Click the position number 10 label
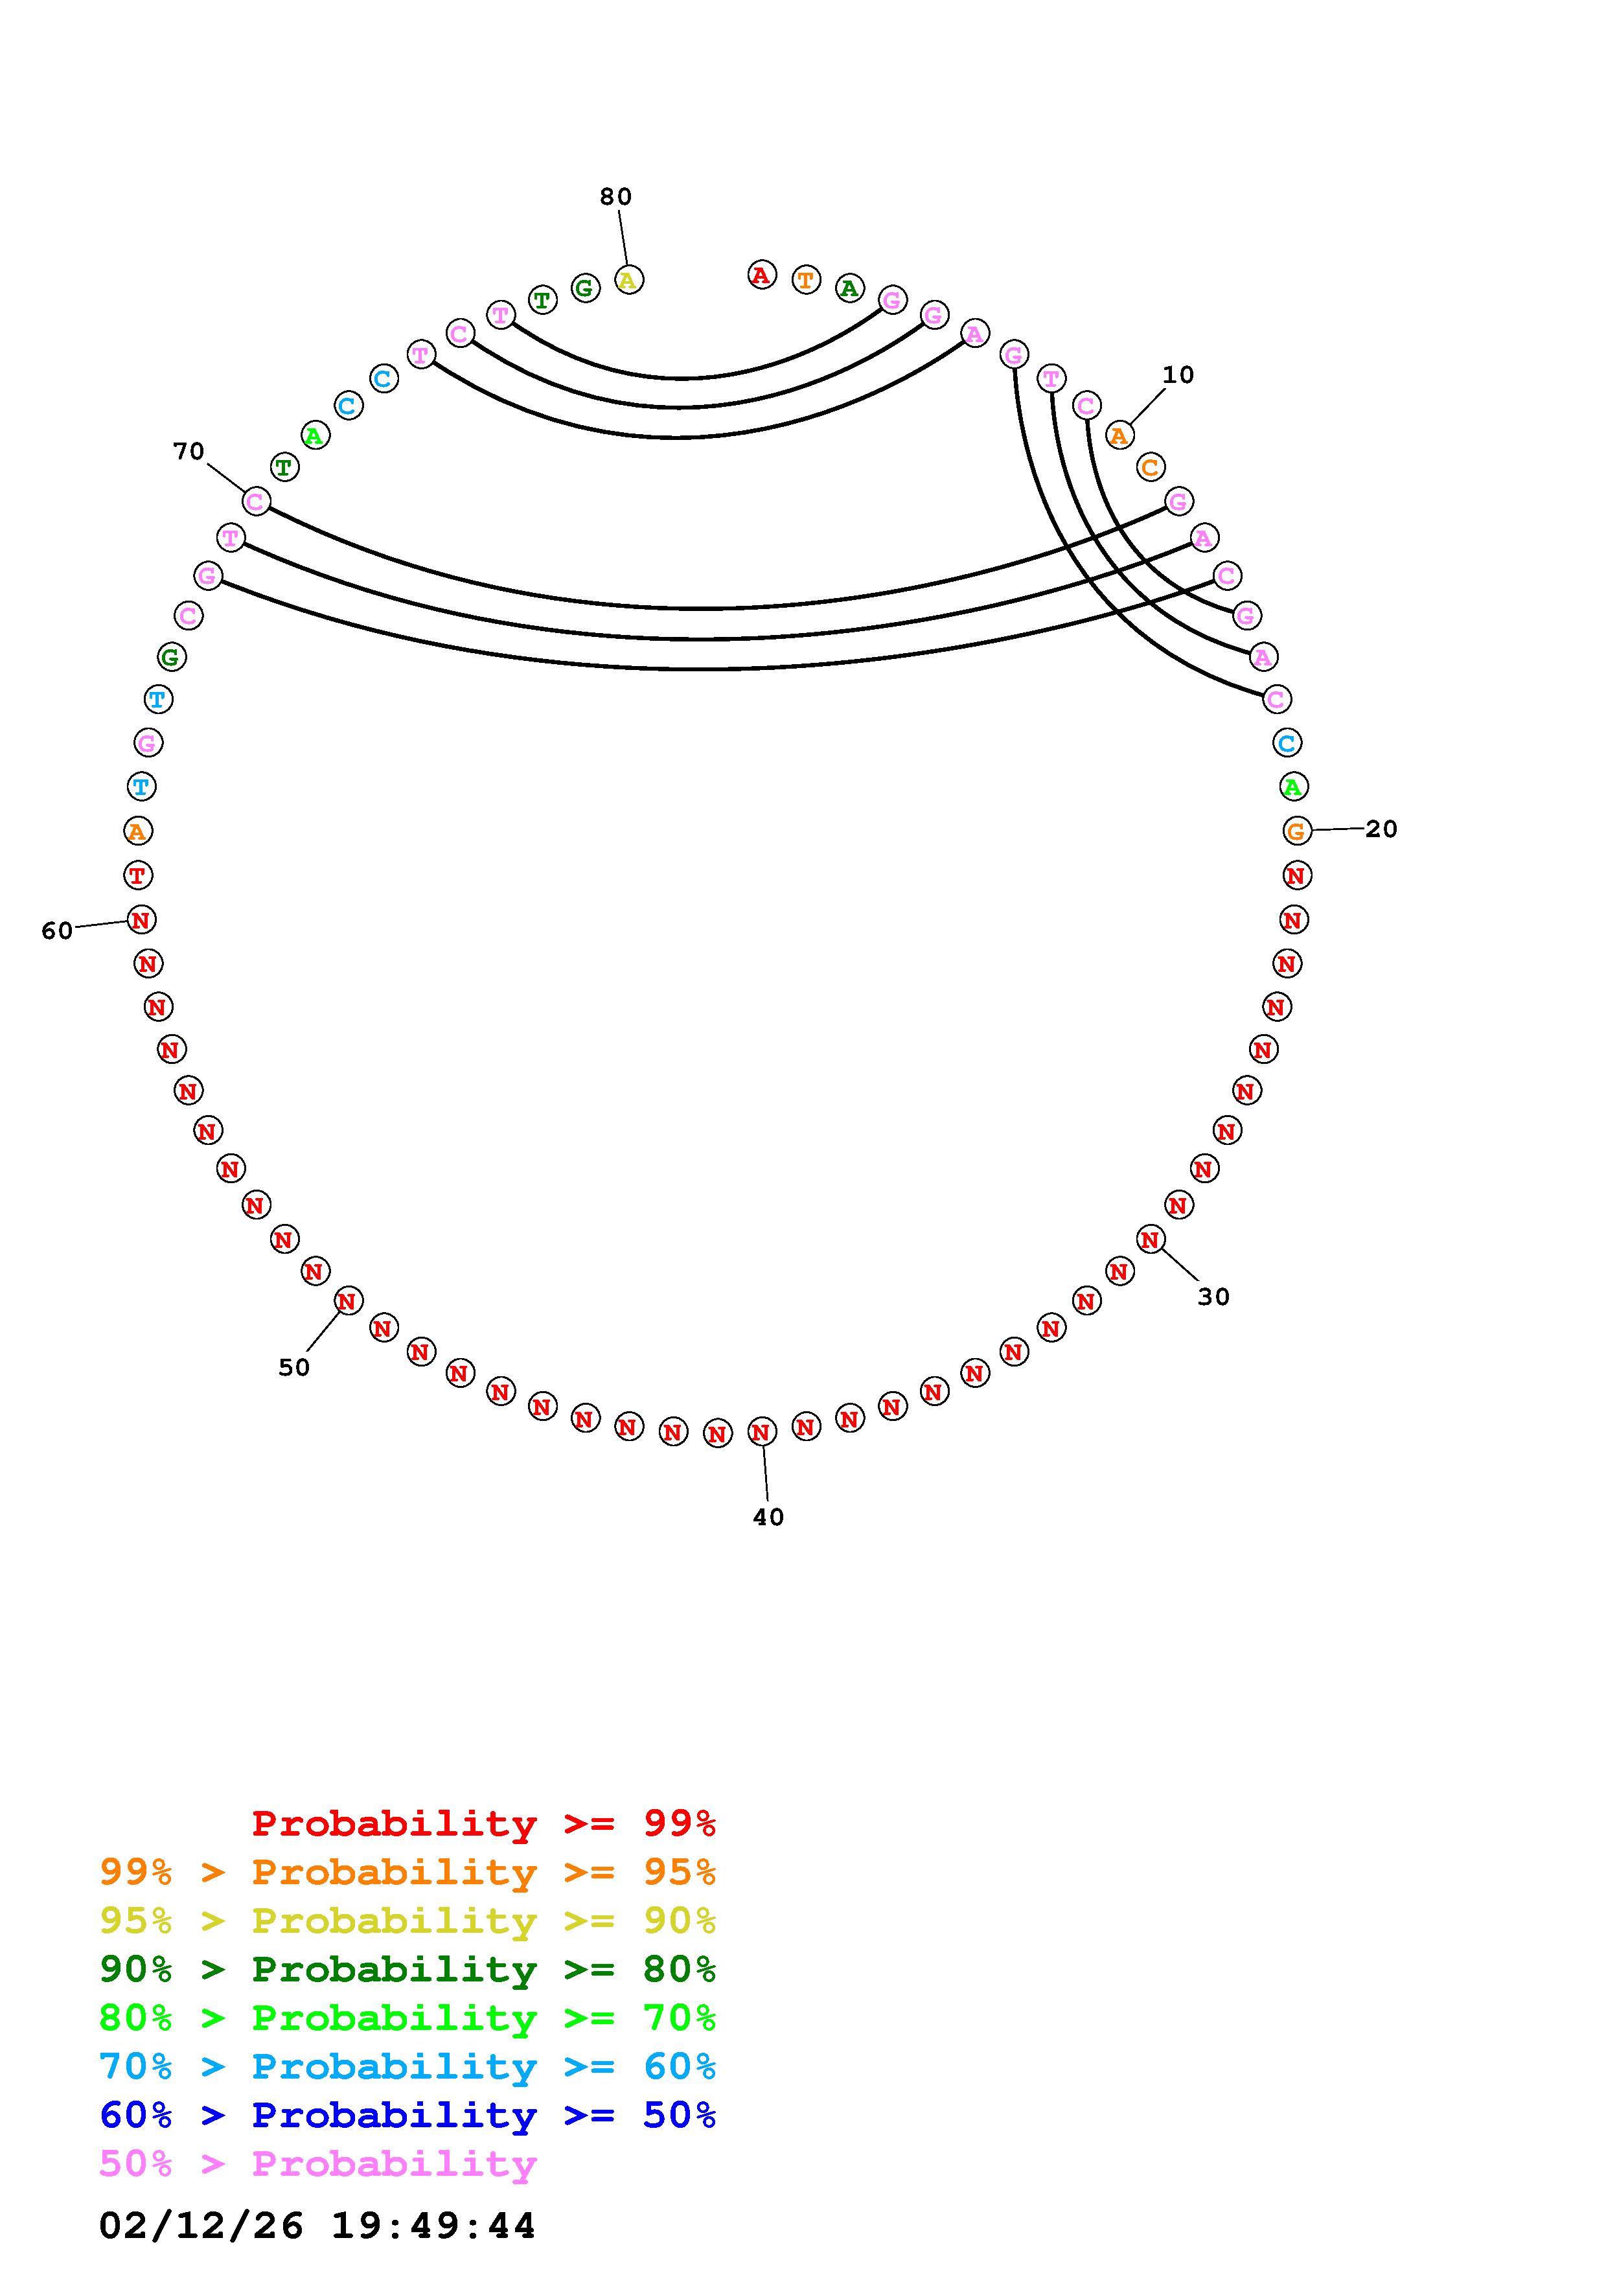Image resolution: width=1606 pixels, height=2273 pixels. coord(1178,375)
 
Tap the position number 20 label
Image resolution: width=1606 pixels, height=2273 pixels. coord(1381,829)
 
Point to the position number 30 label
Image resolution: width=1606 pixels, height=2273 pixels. coord(1213,1297)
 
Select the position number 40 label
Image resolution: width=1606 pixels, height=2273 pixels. coord(768,1517)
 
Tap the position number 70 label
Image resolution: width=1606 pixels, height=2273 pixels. coord(188,452)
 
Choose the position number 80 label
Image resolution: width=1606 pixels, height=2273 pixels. coord(615,197)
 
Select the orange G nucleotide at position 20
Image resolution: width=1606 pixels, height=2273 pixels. coord(1296,831)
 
